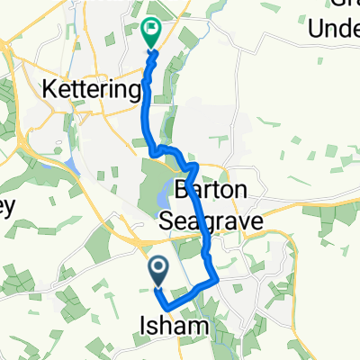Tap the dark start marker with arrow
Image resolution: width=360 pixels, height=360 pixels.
157,268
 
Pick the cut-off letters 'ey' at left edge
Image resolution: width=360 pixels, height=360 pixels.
7,204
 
